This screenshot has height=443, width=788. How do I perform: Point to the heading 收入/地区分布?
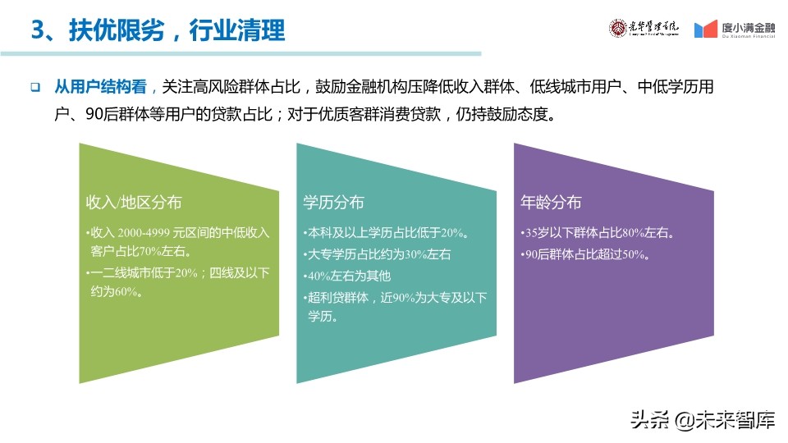(134, 202)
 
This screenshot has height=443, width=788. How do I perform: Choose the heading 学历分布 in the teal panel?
(333, 202)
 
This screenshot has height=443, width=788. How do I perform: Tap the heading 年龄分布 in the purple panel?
(551, 202)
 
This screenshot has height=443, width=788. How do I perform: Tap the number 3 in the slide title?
(37, 30)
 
